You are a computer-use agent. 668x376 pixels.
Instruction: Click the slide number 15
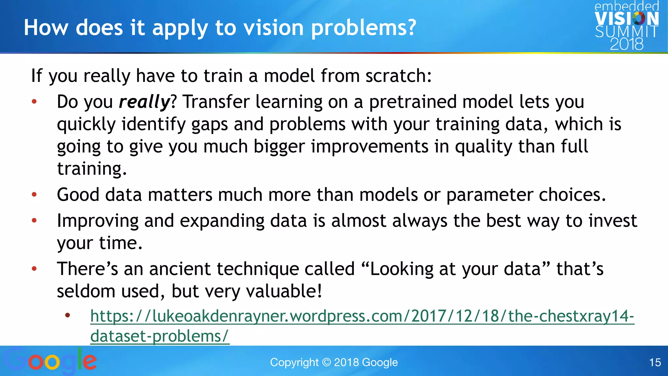[x=655, y=362]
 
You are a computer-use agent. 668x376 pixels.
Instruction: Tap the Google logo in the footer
[x=51, y=361]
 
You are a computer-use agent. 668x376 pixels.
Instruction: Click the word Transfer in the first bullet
[x=216, y=102]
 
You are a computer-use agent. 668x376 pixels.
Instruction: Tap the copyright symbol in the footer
[x=326, y=362]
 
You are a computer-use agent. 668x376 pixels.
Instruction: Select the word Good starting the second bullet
[x=78, y=195]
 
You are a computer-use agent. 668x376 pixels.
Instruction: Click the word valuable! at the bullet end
[x=284, y=291]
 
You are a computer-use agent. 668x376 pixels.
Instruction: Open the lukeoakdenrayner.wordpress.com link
[x=362, y=316]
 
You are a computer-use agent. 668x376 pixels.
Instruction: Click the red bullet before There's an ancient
[x=34, y=269]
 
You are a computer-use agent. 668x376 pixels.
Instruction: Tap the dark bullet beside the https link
[x=68, y=315]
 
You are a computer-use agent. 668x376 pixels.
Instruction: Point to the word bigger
[x=279, y=147]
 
